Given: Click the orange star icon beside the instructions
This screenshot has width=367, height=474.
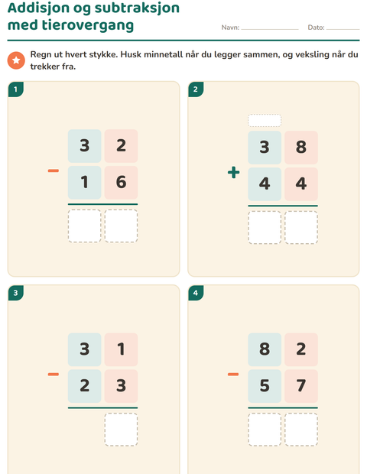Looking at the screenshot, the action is pos(16,60).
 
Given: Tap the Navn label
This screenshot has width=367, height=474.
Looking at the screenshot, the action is pos(230,28).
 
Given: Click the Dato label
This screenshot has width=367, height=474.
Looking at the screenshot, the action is pos(317,28).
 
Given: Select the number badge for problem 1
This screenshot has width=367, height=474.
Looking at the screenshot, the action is pos(16,89).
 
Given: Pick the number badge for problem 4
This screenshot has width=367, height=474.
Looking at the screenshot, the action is pos(196,293).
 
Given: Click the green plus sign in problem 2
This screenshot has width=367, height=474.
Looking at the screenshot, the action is pos(234,173).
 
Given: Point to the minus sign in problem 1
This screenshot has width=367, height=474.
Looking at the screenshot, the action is pos(54,171).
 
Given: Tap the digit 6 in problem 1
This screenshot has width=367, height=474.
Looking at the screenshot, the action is pos(122,182).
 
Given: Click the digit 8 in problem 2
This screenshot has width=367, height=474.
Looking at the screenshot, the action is pos(301,148).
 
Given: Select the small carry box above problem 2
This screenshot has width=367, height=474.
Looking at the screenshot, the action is pos(265,120).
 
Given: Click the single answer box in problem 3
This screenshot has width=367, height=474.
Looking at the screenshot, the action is pos(122,429).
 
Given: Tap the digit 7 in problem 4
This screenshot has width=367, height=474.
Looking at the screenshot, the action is pos(301,386).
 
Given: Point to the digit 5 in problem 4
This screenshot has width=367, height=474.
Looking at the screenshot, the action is pos(265,386).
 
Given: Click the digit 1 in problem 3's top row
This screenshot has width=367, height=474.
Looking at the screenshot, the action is pos(122,349).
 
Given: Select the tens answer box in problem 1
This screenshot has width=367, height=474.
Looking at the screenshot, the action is pos(85,226).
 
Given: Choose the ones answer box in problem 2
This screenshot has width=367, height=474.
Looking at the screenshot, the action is pos(301,227).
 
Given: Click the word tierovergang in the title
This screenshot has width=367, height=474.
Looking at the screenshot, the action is pos(88,25).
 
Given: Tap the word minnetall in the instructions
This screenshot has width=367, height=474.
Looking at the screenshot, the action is pos(164,54).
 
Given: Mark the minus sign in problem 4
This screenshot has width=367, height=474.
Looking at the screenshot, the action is pos(233,375).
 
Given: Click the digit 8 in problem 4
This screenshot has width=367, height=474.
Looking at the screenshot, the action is pos(265,349).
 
